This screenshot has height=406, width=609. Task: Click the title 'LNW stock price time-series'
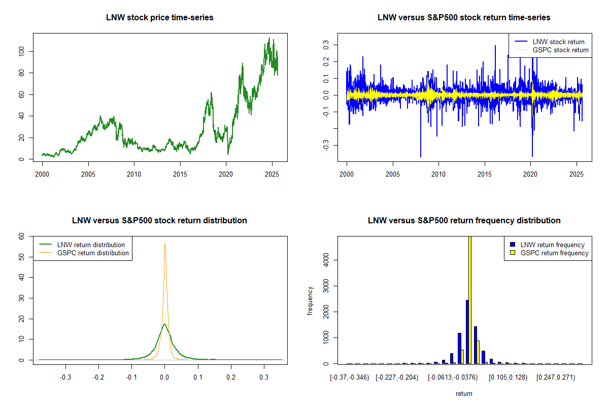point(160,18)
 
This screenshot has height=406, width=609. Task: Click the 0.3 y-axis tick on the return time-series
point(326,45)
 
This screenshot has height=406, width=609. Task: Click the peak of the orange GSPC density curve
point(165,244)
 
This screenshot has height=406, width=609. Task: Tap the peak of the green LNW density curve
point(164,324)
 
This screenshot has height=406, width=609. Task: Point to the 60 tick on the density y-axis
point(22,236)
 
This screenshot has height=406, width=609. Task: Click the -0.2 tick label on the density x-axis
point(98,378)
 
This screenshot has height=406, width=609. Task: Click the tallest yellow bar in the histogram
point(470,299)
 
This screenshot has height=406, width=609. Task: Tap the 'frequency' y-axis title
point(310,300)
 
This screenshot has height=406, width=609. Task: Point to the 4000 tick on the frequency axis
point(326,260)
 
